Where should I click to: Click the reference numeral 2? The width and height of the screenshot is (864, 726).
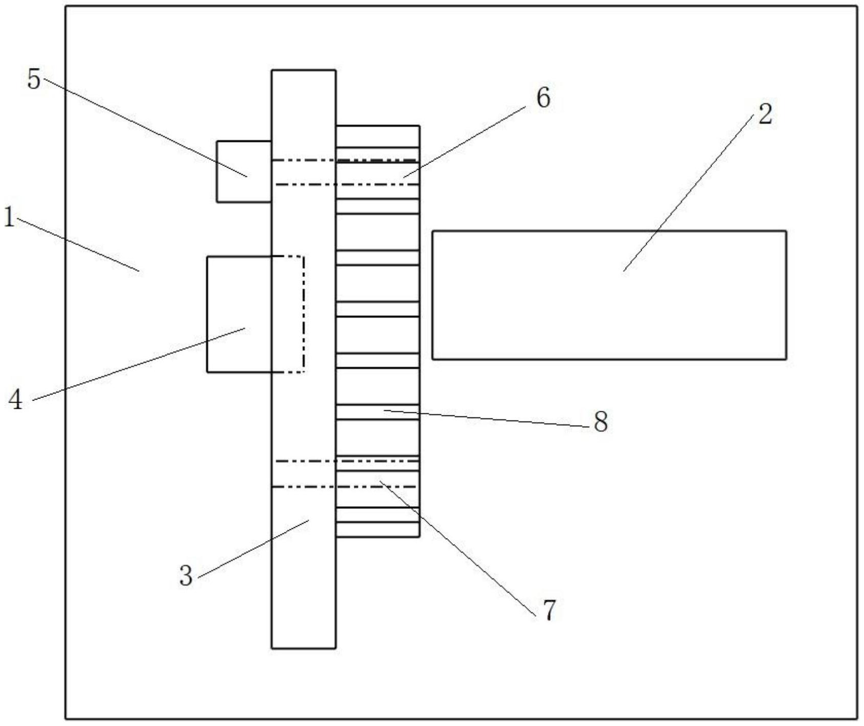(765, 114)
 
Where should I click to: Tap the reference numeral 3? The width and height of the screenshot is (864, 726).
(186, 576)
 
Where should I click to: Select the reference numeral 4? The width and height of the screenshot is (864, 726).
(16, 400)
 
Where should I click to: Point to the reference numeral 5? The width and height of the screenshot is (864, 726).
(34, 80)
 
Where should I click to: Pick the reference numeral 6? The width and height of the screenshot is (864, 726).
(543, 97)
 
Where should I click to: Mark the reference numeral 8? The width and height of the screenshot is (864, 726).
(601, 422)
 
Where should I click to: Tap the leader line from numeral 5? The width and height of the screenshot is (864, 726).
(143, 128)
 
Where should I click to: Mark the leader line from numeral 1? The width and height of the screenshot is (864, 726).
(77, 244)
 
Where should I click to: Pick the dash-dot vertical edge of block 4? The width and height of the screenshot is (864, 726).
(304, 314)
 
